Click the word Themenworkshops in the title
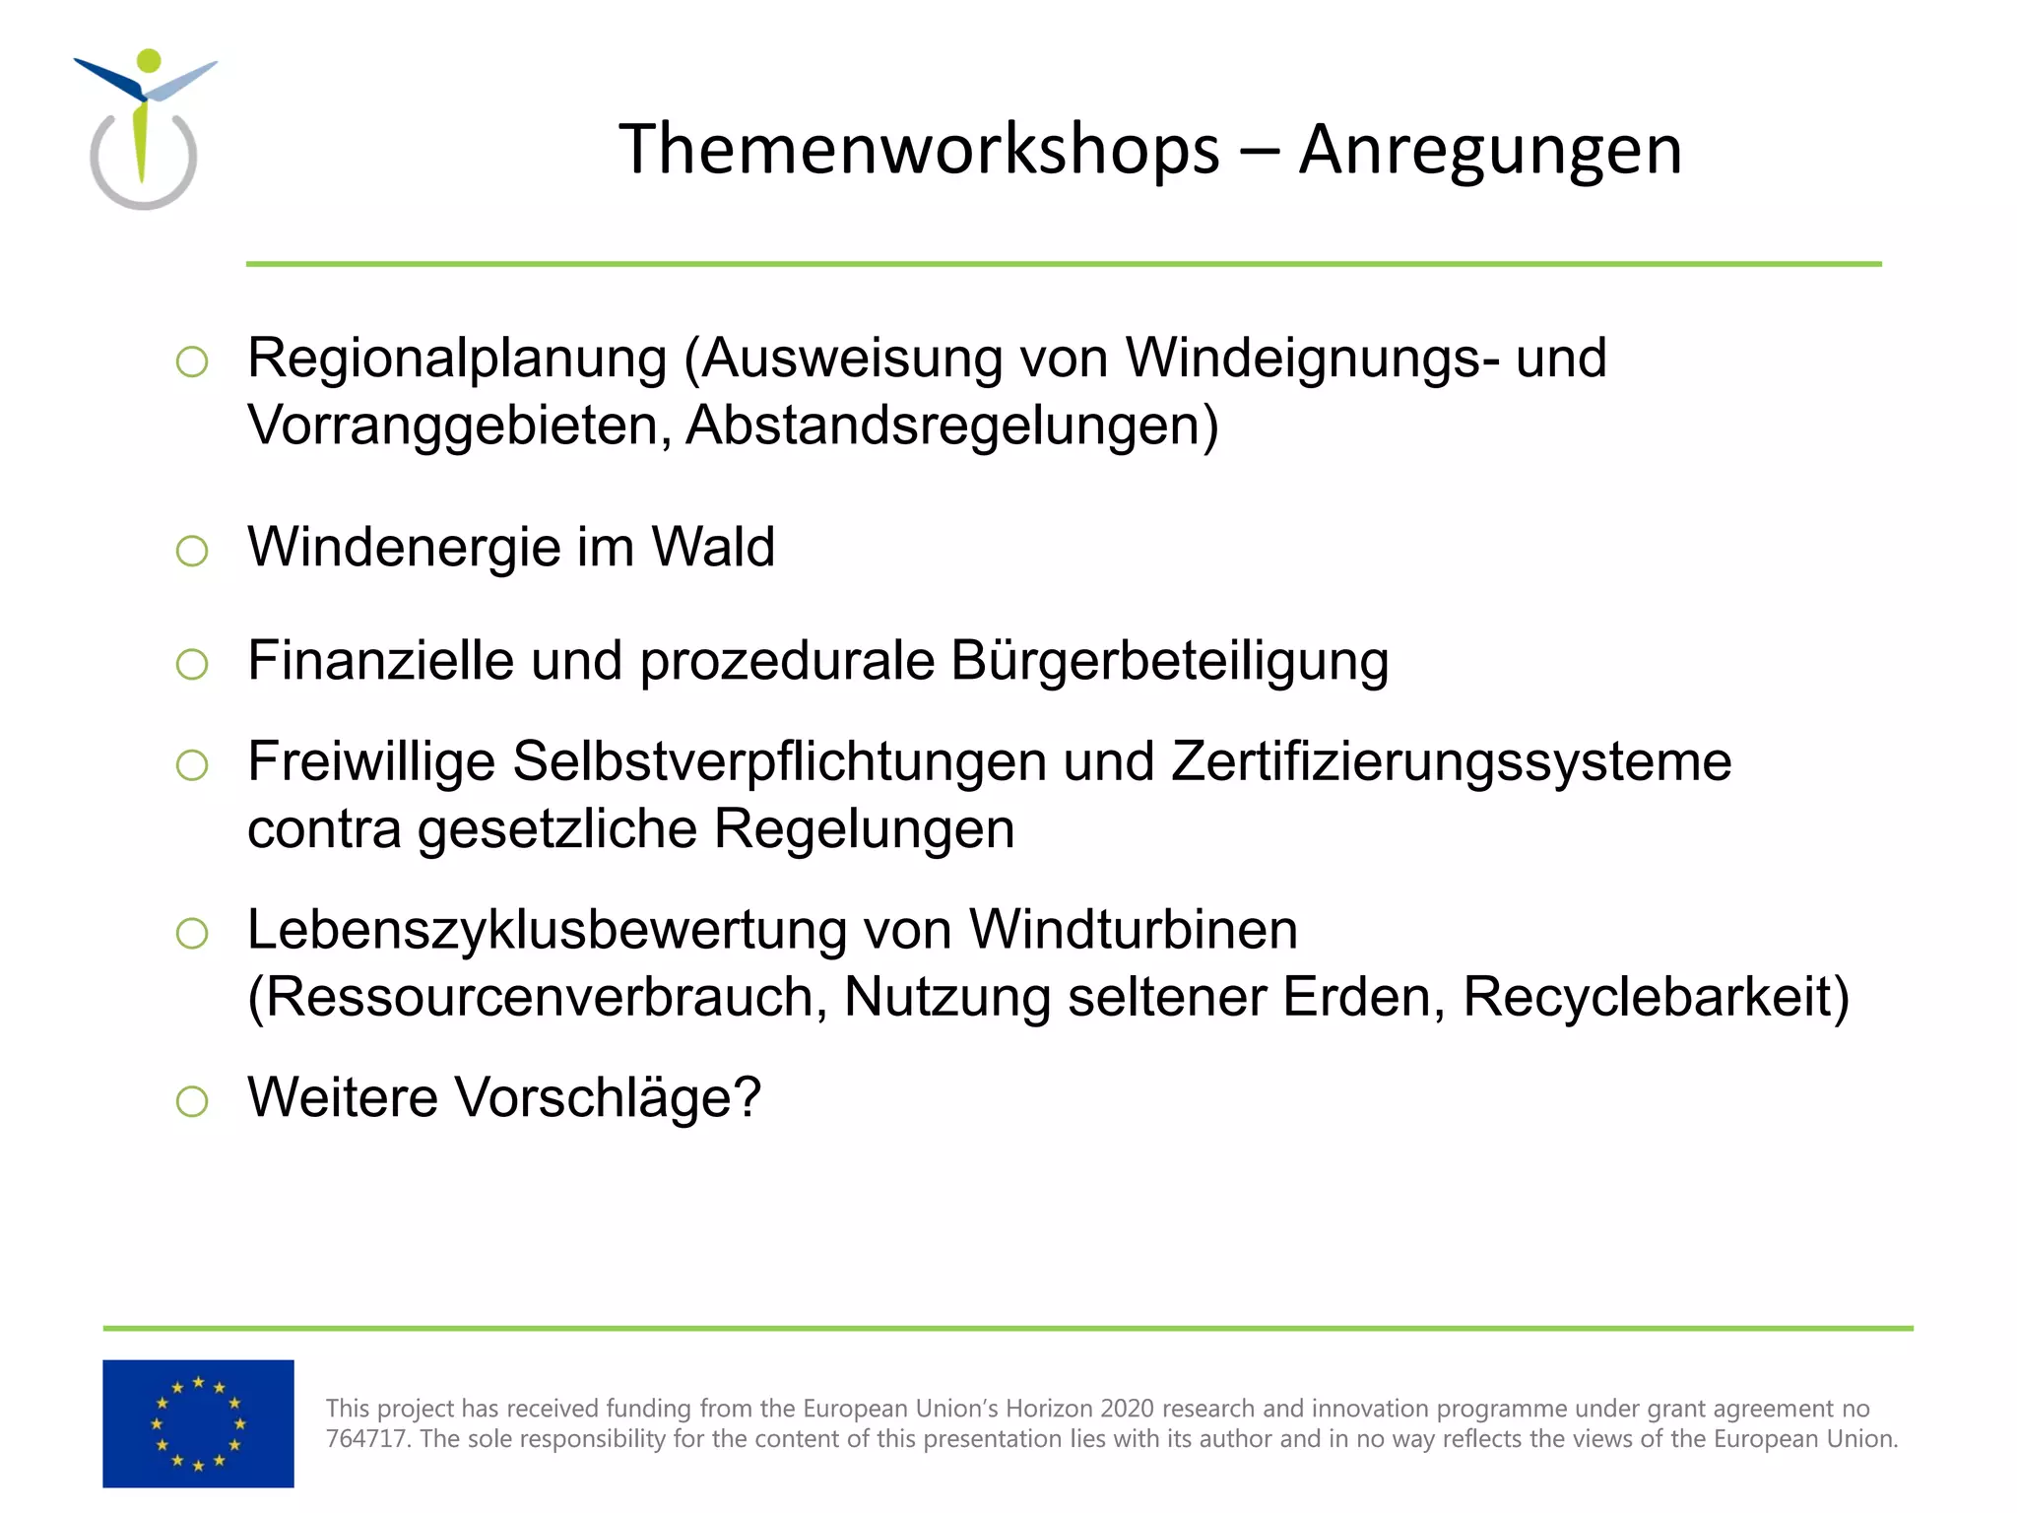919,150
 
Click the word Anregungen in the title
1490,150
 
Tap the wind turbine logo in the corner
145,129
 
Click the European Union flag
198,1422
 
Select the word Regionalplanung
457,358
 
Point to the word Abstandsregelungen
951,426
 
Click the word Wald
713,547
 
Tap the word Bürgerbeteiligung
1170,660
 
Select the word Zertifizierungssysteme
1451,761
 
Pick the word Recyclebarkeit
1656,997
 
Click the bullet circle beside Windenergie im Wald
192,551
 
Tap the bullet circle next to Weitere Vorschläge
192,1101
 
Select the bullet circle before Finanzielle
192,664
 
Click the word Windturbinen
1133,929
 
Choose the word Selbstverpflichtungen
779,761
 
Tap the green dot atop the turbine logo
149,60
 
